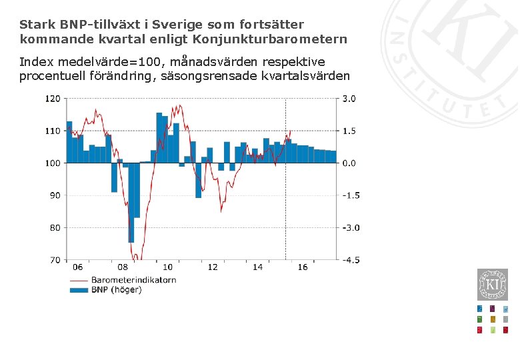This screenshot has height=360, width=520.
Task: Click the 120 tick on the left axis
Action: tap(53, 99)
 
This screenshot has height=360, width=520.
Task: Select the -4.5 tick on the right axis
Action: tap(351, 260)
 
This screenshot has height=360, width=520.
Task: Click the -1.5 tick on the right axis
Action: tap(351, 195)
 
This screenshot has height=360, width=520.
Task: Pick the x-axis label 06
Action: tap(78, 267)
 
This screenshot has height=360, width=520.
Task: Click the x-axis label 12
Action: tap(213, 267)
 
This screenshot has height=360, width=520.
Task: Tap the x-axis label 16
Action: tap(303, 267)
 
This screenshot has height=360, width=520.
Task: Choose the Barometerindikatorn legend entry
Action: tap(133, 280)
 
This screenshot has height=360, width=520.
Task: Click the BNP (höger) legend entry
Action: tap(117, 290)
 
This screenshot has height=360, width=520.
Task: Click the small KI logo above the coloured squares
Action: tap(493, 285)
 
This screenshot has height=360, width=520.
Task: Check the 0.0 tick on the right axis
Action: tap(349, 163)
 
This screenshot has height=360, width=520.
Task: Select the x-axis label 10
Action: tap(168, 267)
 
